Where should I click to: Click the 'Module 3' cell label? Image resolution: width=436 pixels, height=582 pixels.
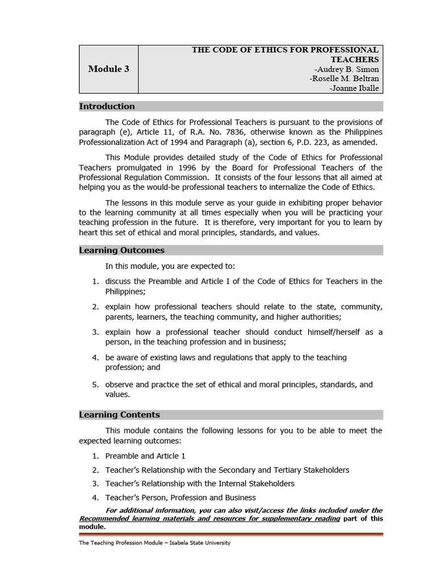[x=108, y=69]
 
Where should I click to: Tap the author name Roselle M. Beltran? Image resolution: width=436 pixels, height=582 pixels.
[x=345, y=78]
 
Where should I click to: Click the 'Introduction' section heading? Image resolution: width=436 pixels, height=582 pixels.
[x=107, y=106]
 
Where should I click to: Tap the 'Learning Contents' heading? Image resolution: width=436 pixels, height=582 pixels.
[x=119, y=415]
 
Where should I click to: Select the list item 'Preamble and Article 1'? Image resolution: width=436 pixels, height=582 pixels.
[x=145, y=456]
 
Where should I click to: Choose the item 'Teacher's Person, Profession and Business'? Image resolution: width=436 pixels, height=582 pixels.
[x=181, y=497]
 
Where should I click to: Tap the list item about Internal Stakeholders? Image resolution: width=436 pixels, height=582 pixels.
[x=200, y=484]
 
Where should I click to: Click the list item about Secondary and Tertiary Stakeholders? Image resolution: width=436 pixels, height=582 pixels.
[x=227, y=470]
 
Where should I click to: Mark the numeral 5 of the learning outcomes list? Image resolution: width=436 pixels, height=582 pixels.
[x=95, y=385]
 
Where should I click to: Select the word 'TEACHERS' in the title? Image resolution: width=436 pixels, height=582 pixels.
[x=355, y=59]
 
